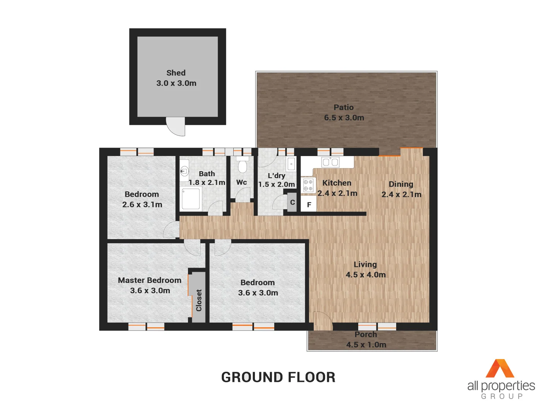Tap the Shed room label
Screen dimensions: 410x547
click(x=176, y=73)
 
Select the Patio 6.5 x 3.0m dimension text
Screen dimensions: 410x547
click(x=344, y=118)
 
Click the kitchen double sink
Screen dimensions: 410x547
click(x=330, y=162)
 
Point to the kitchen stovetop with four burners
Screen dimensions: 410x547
click(x=308, y=185)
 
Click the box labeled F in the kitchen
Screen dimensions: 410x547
click(x=309, y=205)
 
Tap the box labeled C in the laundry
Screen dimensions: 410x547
click(x=292, y=202)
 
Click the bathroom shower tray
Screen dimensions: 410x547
click(x=191, y=199)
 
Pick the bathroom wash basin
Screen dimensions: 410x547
click(x=184, y=171)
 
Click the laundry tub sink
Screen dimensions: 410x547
click(x=291, y=164)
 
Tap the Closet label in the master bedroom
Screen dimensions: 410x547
click(x=199, y=300)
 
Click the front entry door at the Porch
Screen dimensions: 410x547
click(x=323, y=321)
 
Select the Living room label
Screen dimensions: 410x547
click(x=365, y=264)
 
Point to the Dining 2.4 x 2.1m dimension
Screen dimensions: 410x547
click(x=401, y=194)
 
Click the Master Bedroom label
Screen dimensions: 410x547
click(x=149, y=280)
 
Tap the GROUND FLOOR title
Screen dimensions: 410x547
click(x=278, y=377)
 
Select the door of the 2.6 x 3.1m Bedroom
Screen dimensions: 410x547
click(x=171, y=230)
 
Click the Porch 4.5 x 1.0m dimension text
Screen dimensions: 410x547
click(x=366, y=345)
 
